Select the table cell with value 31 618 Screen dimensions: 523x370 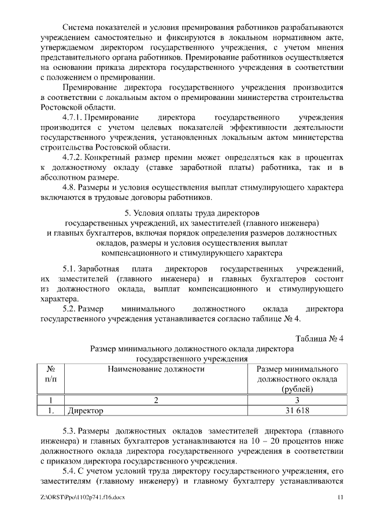(x=297, y=411)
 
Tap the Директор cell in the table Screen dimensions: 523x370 (x=86, y=411)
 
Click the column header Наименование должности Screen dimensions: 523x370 (x=155, y=369)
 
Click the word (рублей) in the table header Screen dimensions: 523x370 (x=297, y=390)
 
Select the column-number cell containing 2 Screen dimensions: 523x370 (x=155, y=400)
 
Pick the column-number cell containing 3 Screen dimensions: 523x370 (x=297, y=400)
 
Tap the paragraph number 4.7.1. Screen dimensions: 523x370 (x=74, y=117)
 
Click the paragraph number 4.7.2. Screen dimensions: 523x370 (x=74, y=157)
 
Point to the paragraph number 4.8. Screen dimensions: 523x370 (x=70, y=188)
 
